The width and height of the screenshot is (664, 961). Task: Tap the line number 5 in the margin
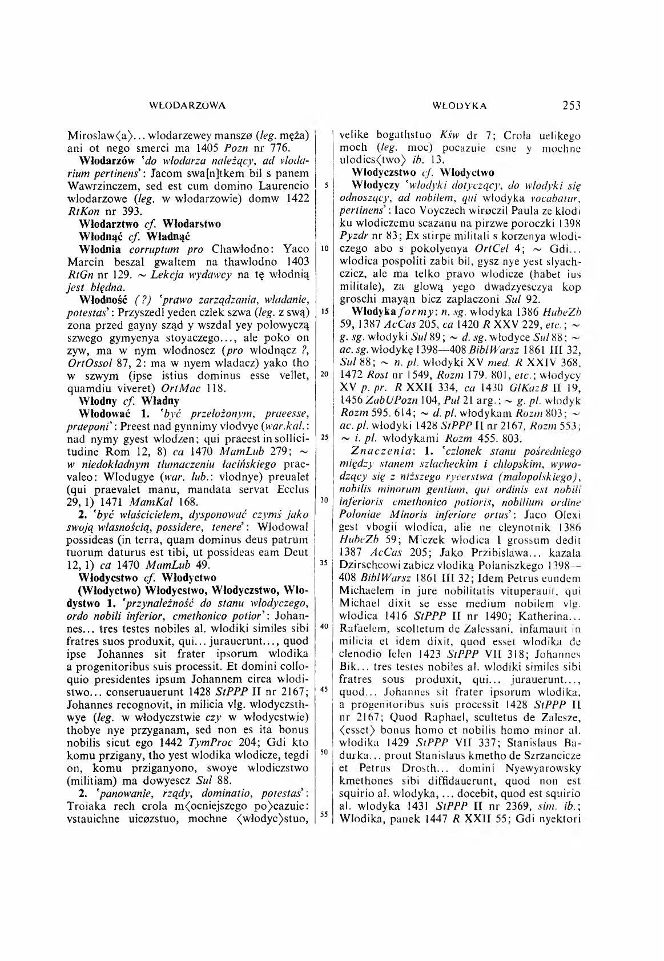323,185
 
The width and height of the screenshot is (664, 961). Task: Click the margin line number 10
323,249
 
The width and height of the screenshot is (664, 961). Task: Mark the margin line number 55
323,815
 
